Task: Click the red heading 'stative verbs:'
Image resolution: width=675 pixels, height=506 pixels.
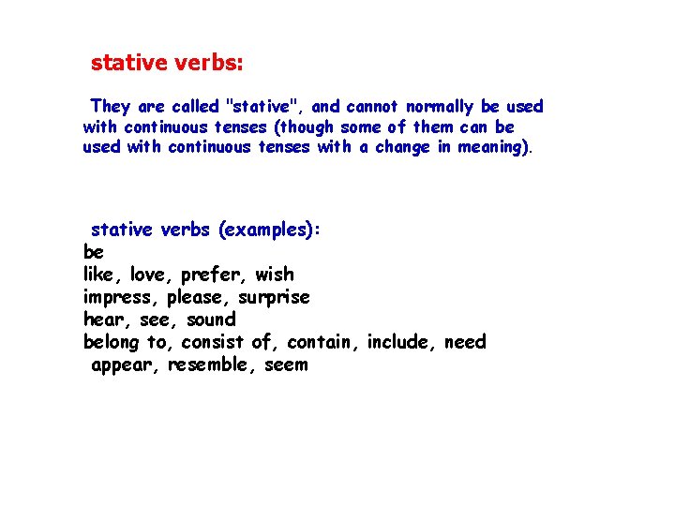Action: pos(167,64)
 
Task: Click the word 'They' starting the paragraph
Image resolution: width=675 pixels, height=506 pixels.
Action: pos(111,107)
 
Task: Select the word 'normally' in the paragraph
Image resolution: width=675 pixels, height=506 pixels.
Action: pos(440,107)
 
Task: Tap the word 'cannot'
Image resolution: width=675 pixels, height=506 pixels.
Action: pos(373,107)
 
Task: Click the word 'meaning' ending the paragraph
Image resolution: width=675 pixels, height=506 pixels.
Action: pos(491,147)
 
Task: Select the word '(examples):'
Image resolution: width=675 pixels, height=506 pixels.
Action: pos(270,231)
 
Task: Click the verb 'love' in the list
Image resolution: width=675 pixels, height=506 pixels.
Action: pos(148,275)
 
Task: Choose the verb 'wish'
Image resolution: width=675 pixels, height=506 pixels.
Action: pos(274,275)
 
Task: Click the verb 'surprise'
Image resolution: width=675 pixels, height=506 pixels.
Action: pos(274,298)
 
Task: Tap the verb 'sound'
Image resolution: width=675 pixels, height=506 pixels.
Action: pos(211,320)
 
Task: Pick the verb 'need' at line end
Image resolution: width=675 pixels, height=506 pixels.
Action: pos(465,342)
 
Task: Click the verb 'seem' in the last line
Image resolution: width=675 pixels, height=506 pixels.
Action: pos(286,365)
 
